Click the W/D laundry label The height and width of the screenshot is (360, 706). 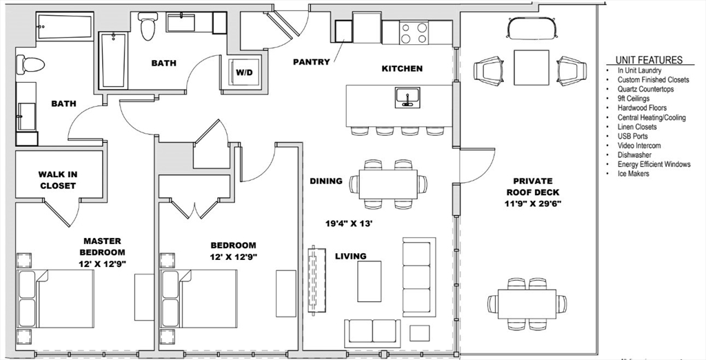[244, 72]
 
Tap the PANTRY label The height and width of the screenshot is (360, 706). [312, 62]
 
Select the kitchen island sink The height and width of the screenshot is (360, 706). [407, 98]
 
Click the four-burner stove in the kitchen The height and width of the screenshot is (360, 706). [414, 33]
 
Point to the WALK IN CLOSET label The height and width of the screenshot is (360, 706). [57, 180]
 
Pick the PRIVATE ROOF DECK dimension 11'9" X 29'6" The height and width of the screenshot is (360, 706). [533, 203]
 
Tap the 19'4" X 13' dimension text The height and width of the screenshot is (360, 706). [349, 223]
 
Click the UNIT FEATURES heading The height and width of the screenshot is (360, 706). [649, 60]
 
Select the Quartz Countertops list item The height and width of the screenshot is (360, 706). [645, 89]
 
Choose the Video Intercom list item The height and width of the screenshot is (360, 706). [639, 146]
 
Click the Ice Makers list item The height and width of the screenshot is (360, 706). [633, 174]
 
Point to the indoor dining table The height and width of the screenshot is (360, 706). [388, 184]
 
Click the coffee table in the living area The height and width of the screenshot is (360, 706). [370, 281]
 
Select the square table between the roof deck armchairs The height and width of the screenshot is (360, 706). [532, 68]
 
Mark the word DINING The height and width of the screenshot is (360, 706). [326, 181]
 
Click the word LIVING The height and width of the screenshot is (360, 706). [351, 257]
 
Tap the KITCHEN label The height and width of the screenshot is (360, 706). [402, 68]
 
